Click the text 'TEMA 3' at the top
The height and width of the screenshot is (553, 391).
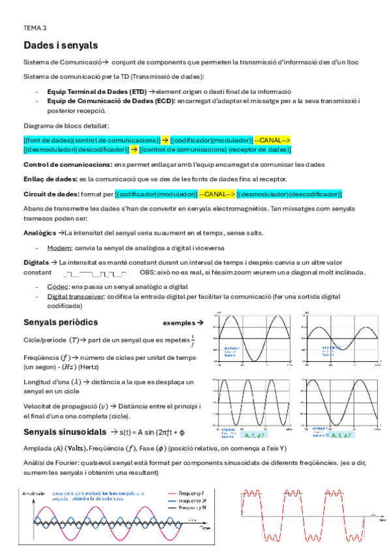(x=35, y=28)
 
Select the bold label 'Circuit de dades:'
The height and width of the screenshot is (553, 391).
(x=52, y=194)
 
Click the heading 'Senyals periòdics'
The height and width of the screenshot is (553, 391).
(x=61, y=322)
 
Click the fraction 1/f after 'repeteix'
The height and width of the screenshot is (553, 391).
(x=193, y=340)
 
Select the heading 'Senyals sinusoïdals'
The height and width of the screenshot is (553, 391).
(x=64, y=432)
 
